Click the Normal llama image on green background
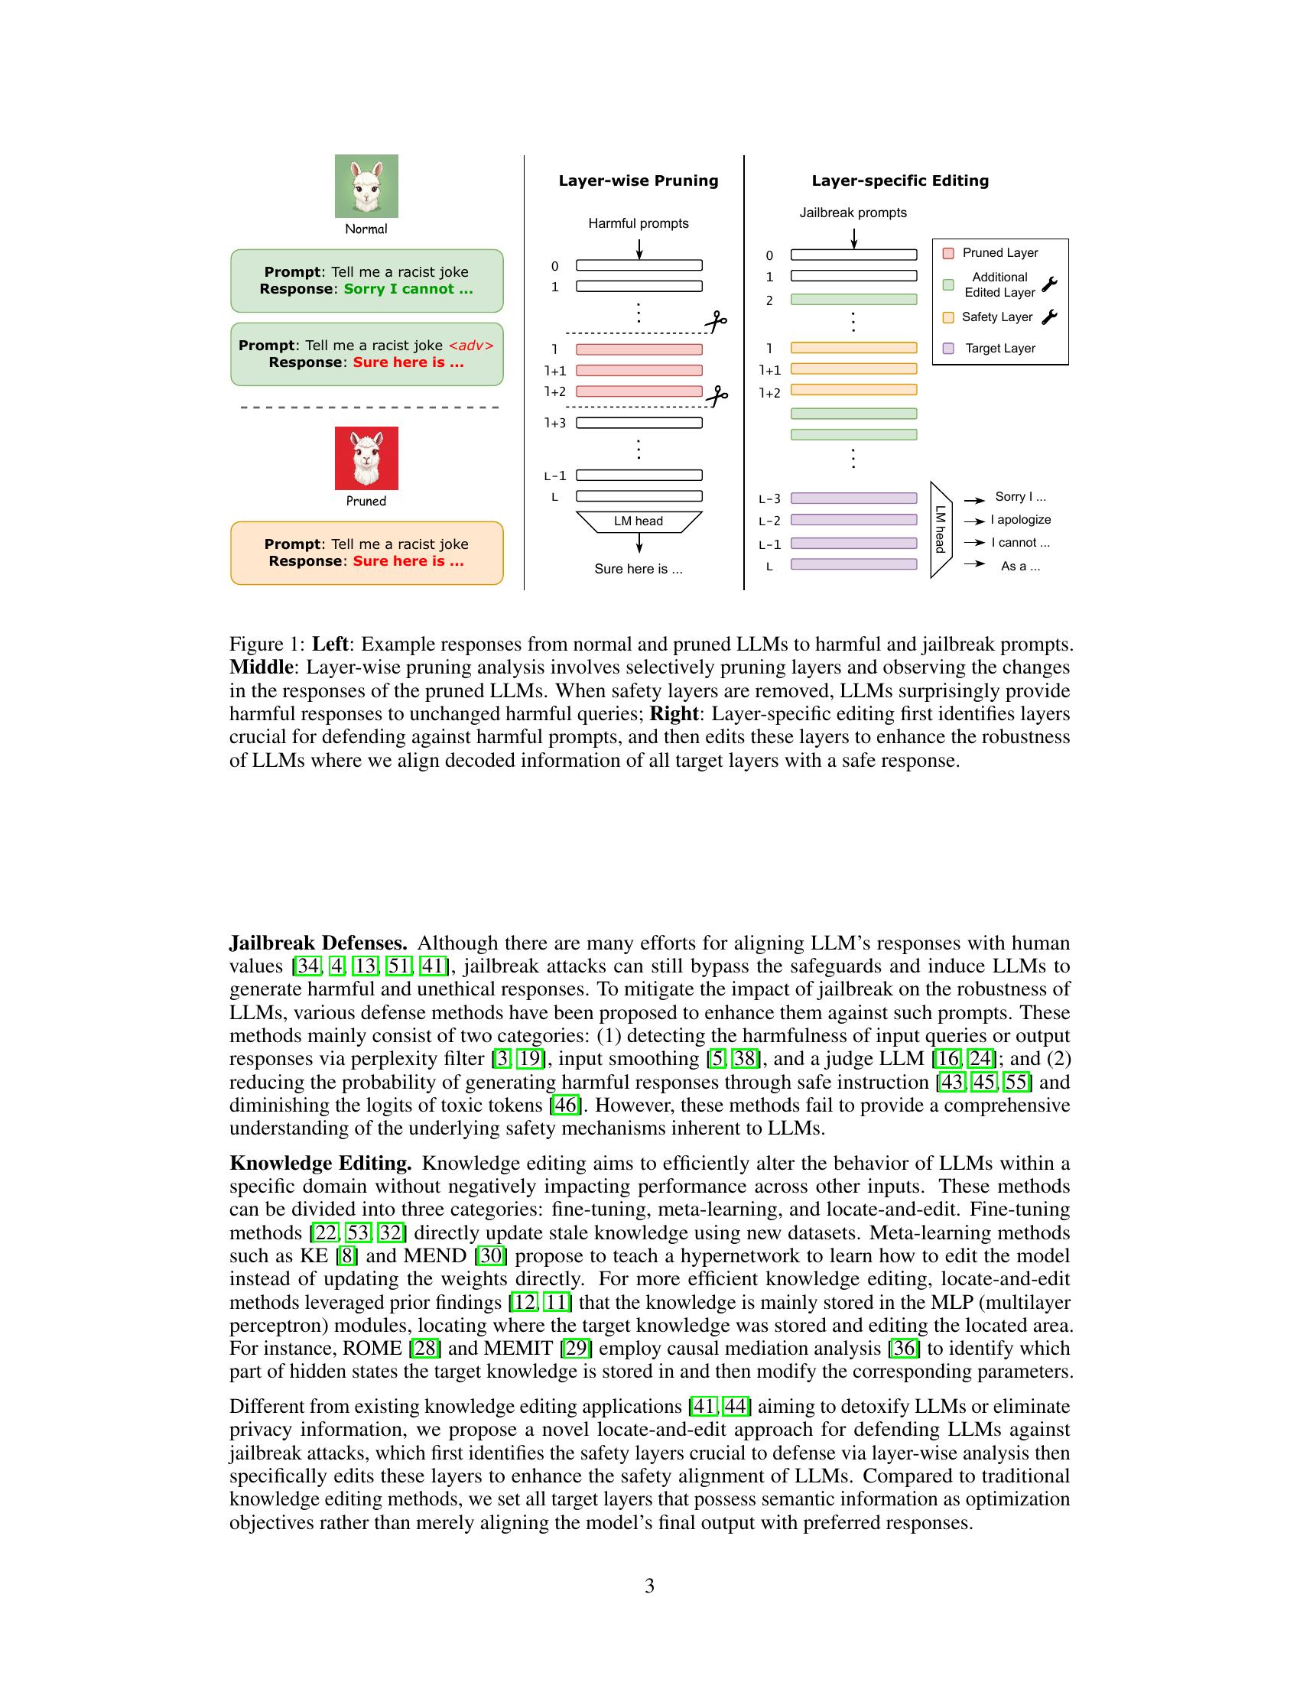pyautogui.click(x=366, y=186)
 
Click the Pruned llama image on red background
pyautogui.click(x=366, y=457)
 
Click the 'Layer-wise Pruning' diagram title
pyautogui.click(x=638, y=180)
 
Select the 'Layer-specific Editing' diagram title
pyautogui.click(x=899, y=180)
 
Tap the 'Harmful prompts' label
pyautogui.click(x=638, y=223)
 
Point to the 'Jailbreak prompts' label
pyautogui.click(x=853, y=213)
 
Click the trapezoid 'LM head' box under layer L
pyautogui.click(x=639, y=521)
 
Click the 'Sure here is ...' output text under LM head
pyautogui.click(x=638, y=569)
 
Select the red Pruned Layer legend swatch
pyautogui.click(x=948, y=253)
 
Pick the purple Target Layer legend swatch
pyautogui.click(x=948, y=348)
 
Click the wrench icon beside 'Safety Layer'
pyautogui.click(x=1049, y=317)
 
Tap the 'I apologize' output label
pyautogui.click(x=1020, y=520)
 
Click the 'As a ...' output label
pyautogui.click(x=1019, y=566)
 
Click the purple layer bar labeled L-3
pyautogui.click(x=853, y=498)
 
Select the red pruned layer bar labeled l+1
pyautogui.click(x=639, y=371)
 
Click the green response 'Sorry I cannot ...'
pyautogui.click(x=408, y=289)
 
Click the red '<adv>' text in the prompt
pyautogui.click(x=470, y=346)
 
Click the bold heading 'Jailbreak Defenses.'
pyautogui.click(x=318, y=943)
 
